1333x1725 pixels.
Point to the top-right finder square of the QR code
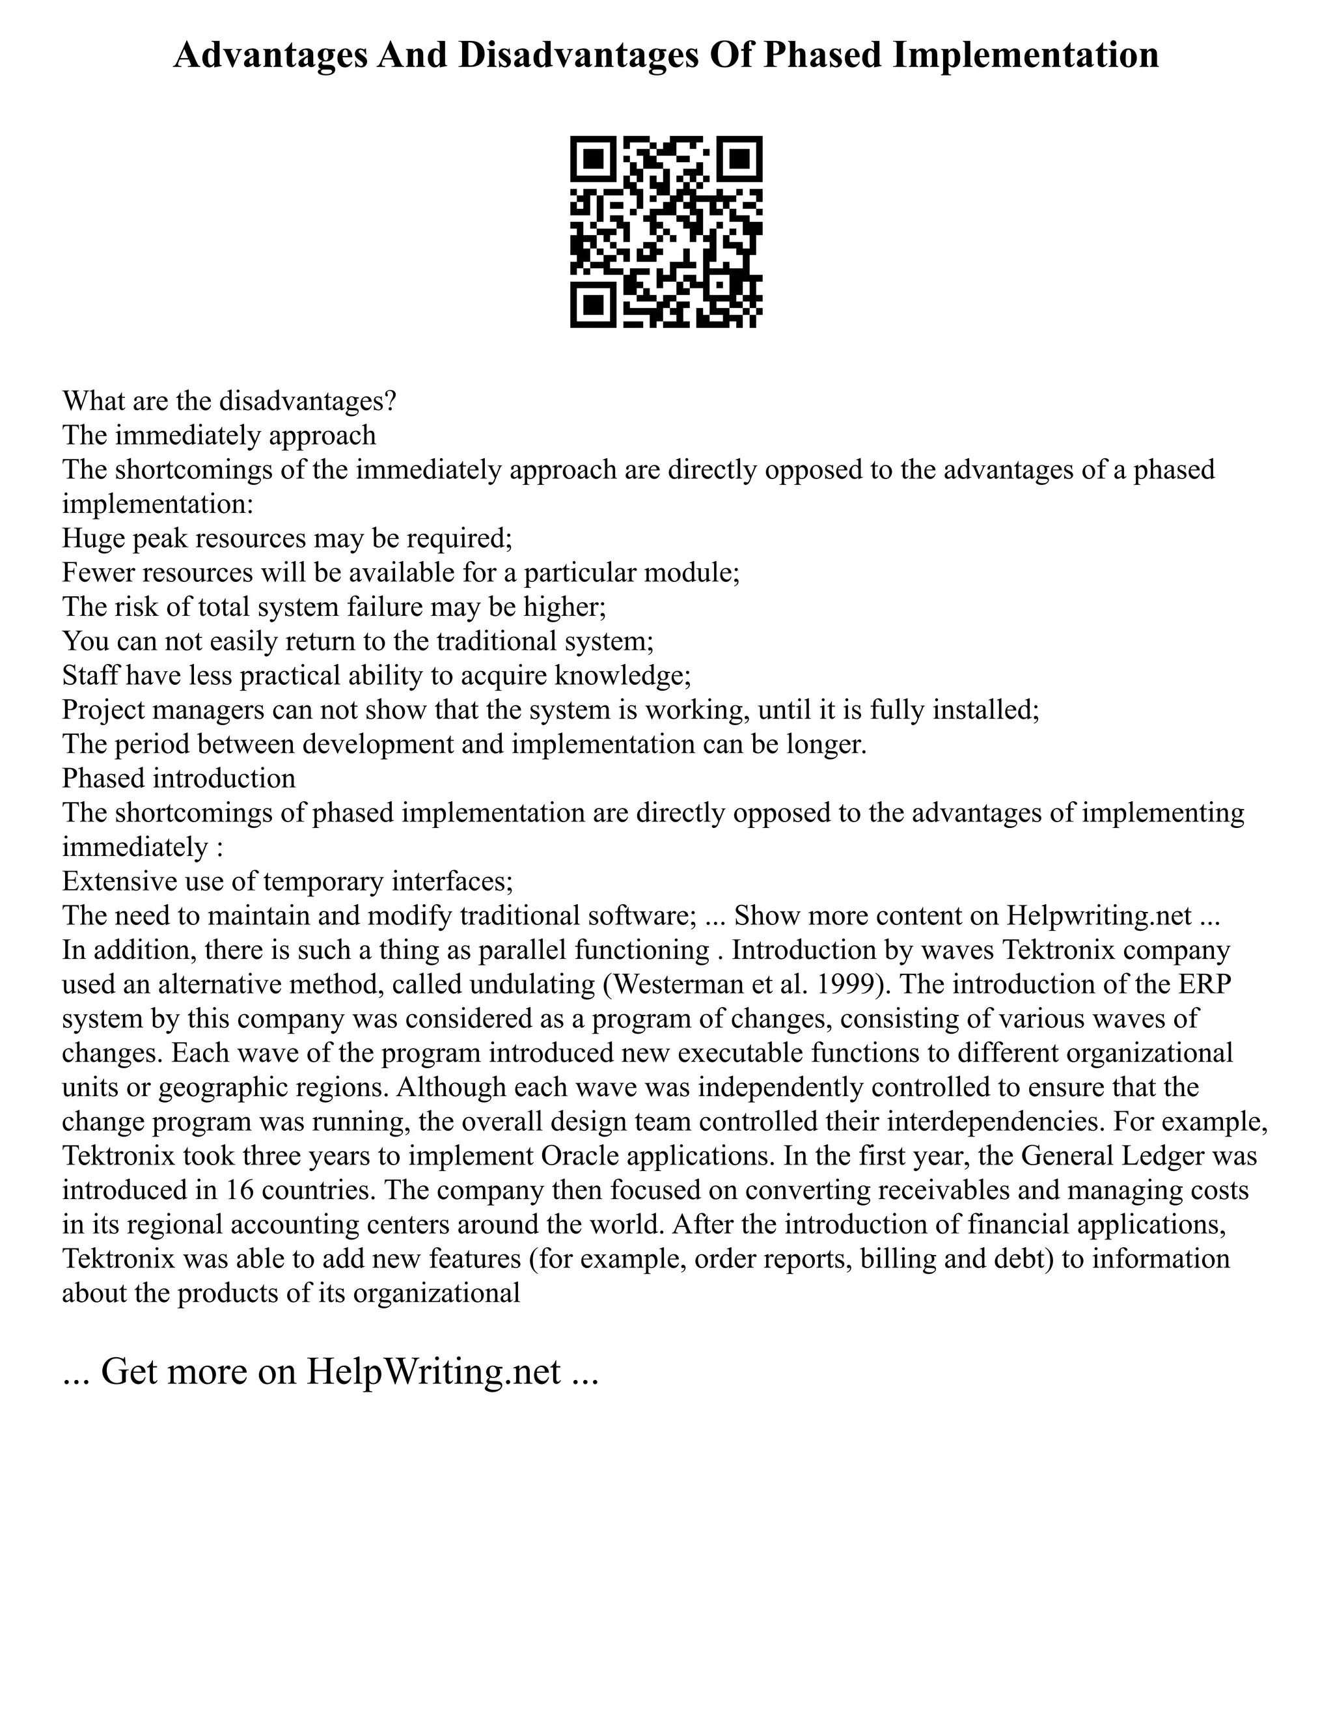coord(741,158)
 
